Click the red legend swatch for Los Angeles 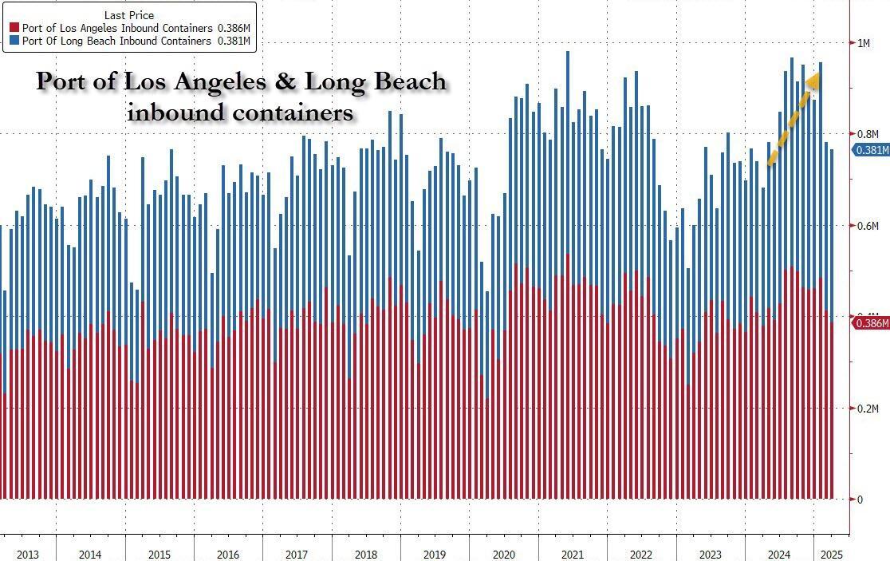(x=13, y=28)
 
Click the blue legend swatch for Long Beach (x=13, y=41)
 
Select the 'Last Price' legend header (x=128, y=15)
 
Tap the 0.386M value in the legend (x=234, y=28)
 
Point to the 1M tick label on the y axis (x=864, y=43)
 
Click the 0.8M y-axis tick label (x=866, y=134)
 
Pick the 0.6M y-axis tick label (x=866, y=226)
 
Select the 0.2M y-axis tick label (x=866, y=409)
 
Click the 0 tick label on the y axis (x=859, y=500)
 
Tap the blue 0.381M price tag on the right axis (x=872, y=150)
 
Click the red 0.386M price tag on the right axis (x=872, y=323)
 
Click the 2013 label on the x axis (x=27, y=555)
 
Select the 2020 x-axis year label (x=504, y=555)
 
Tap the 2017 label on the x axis (x=297, y=555)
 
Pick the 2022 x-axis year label (x=641, y=555)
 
